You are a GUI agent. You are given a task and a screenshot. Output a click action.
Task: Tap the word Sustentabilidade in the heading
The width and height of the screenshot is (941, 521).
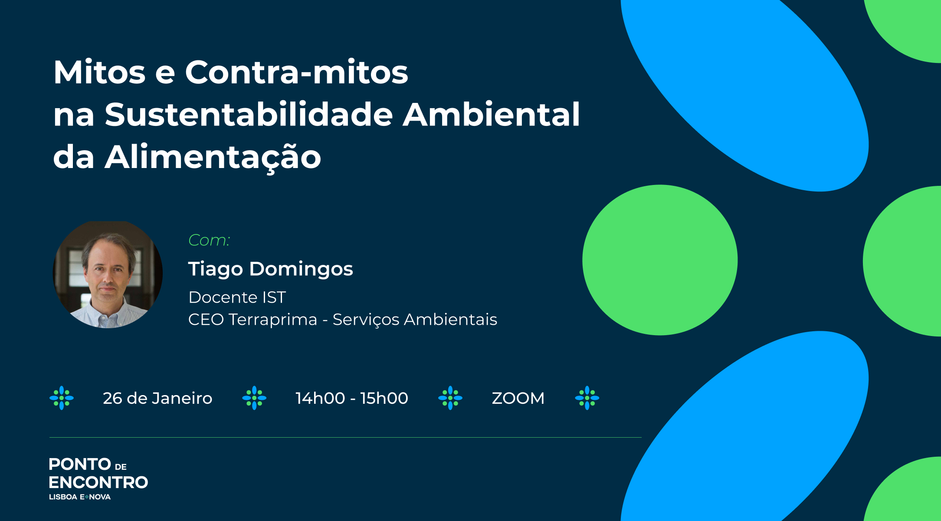point(249,114)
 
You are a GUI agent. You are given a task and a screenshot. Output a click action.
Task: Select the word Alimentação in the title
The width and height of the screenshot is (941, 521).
point(213,157)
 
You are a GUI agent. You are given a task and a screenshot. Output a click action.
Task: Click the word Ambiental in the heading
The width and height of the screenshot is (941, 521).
point(492,114)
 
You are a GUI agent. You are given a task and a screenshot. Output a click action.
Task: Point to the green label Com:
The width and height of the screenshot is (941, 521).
point(209,240)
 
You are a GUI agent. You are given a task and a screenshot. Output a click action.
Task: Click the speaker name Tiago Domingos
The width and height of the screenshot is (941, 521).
point(271,269)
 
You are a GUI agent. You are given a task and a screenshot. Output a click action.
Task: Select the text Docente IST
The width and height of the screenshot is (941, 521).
point(237,297)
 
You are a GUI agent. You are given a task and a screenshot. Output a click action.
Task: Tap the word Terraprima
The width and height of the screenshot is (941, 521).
point(273,320)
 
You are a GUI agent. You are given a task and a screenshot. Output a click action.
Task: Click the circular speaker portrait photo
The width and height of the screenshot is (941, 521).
point(108,275)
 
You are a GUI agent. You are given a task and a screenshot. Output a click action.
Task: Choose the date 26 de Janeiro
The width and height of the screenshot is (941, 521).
point(157,398)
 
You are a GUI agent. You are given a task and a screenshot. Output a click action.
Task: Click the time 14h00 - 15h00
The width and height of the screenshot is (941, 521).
point(352,398)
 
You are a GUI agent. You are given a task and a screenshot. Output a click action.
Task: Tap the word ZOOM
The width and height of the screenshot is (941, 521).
point(518,398)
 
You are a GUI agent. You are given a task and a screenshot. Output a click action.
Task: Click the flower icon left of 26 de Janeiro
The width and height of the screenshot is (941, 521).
point(62,398)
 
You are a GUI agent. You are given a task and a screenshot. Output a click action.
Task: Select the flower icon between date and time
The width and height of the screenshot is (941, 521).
point(254,398)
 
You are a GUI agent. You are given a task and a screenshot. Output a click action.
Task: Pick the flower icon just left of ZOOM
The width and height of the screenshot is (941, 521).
point(450,398)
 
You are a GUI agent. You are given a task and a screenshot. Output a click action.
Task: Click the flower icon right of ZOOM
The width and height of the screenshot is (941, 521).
point(587,398)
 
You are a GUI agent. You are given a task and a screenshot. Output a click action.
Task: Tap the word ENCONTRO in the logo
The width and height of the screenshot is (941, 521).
point(98,482)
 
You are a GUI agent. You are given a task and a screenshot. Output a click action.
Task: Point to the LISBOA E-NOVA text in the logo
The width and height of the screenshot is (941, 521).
point(80,497)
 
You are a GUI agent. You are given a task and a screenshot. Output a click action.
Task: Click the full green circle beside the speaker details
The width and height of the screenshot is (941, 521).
point(660,260)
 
